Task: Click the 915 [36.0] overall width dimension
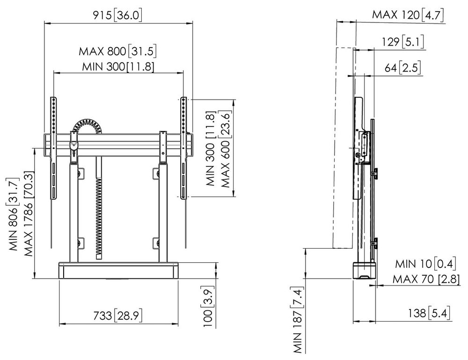[x=117, y=15]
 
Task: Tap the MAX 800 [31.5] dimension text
[x=117, y=51]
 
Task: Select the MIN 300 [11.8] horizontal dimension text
[x=118, y=66]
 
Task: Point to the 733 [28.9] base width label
[x=117, y=315]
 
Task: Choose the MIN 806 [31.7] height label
[x=14, y=214]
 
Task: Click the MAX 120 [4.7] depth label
[x=408, y=14]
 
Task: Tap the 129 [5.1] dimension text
[x=403, y=42]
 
